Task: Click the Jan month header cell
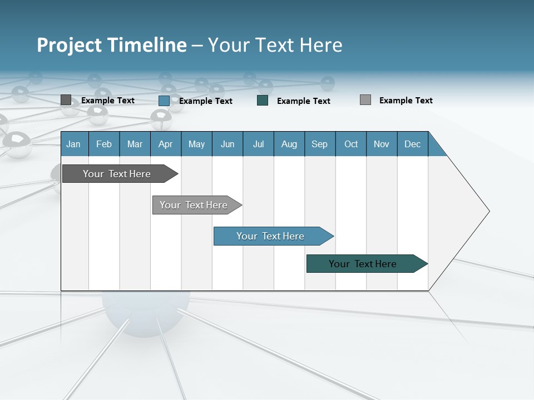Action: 73,144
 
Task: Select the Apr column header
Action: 165,144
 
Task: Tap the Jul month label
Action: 258,144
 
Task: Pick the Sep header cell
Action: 319,144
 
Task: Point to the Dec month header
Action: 412,144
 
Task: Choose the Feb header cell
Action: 104,144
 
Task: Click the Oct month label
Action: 351,144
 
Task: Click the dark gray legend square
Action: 66,100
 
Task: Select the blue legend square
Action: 164,101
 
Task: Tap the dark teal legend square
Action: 263,101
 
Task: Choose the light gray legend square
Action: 365,100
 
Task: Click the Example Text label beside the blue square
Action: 205,101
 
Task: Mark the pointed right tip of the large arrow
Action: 488,211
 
